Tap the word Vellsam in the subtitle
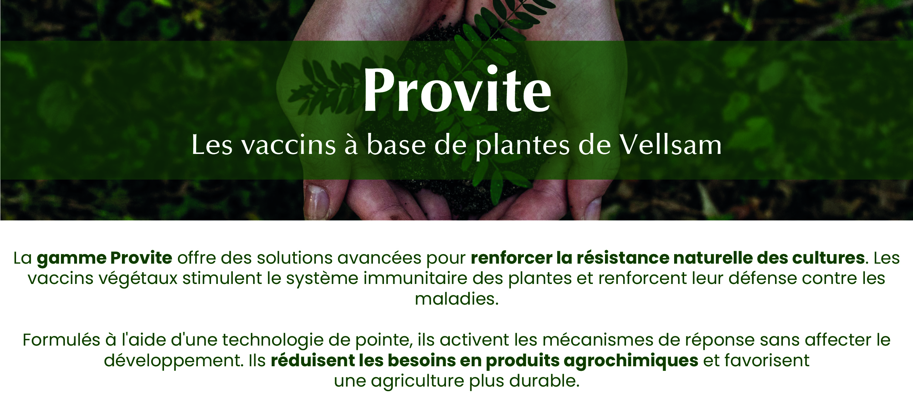pos(670,145)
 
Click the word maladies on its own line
pos(457,299)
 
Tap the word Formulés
pos(61,340)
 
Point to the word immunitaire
pos(415,278)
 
